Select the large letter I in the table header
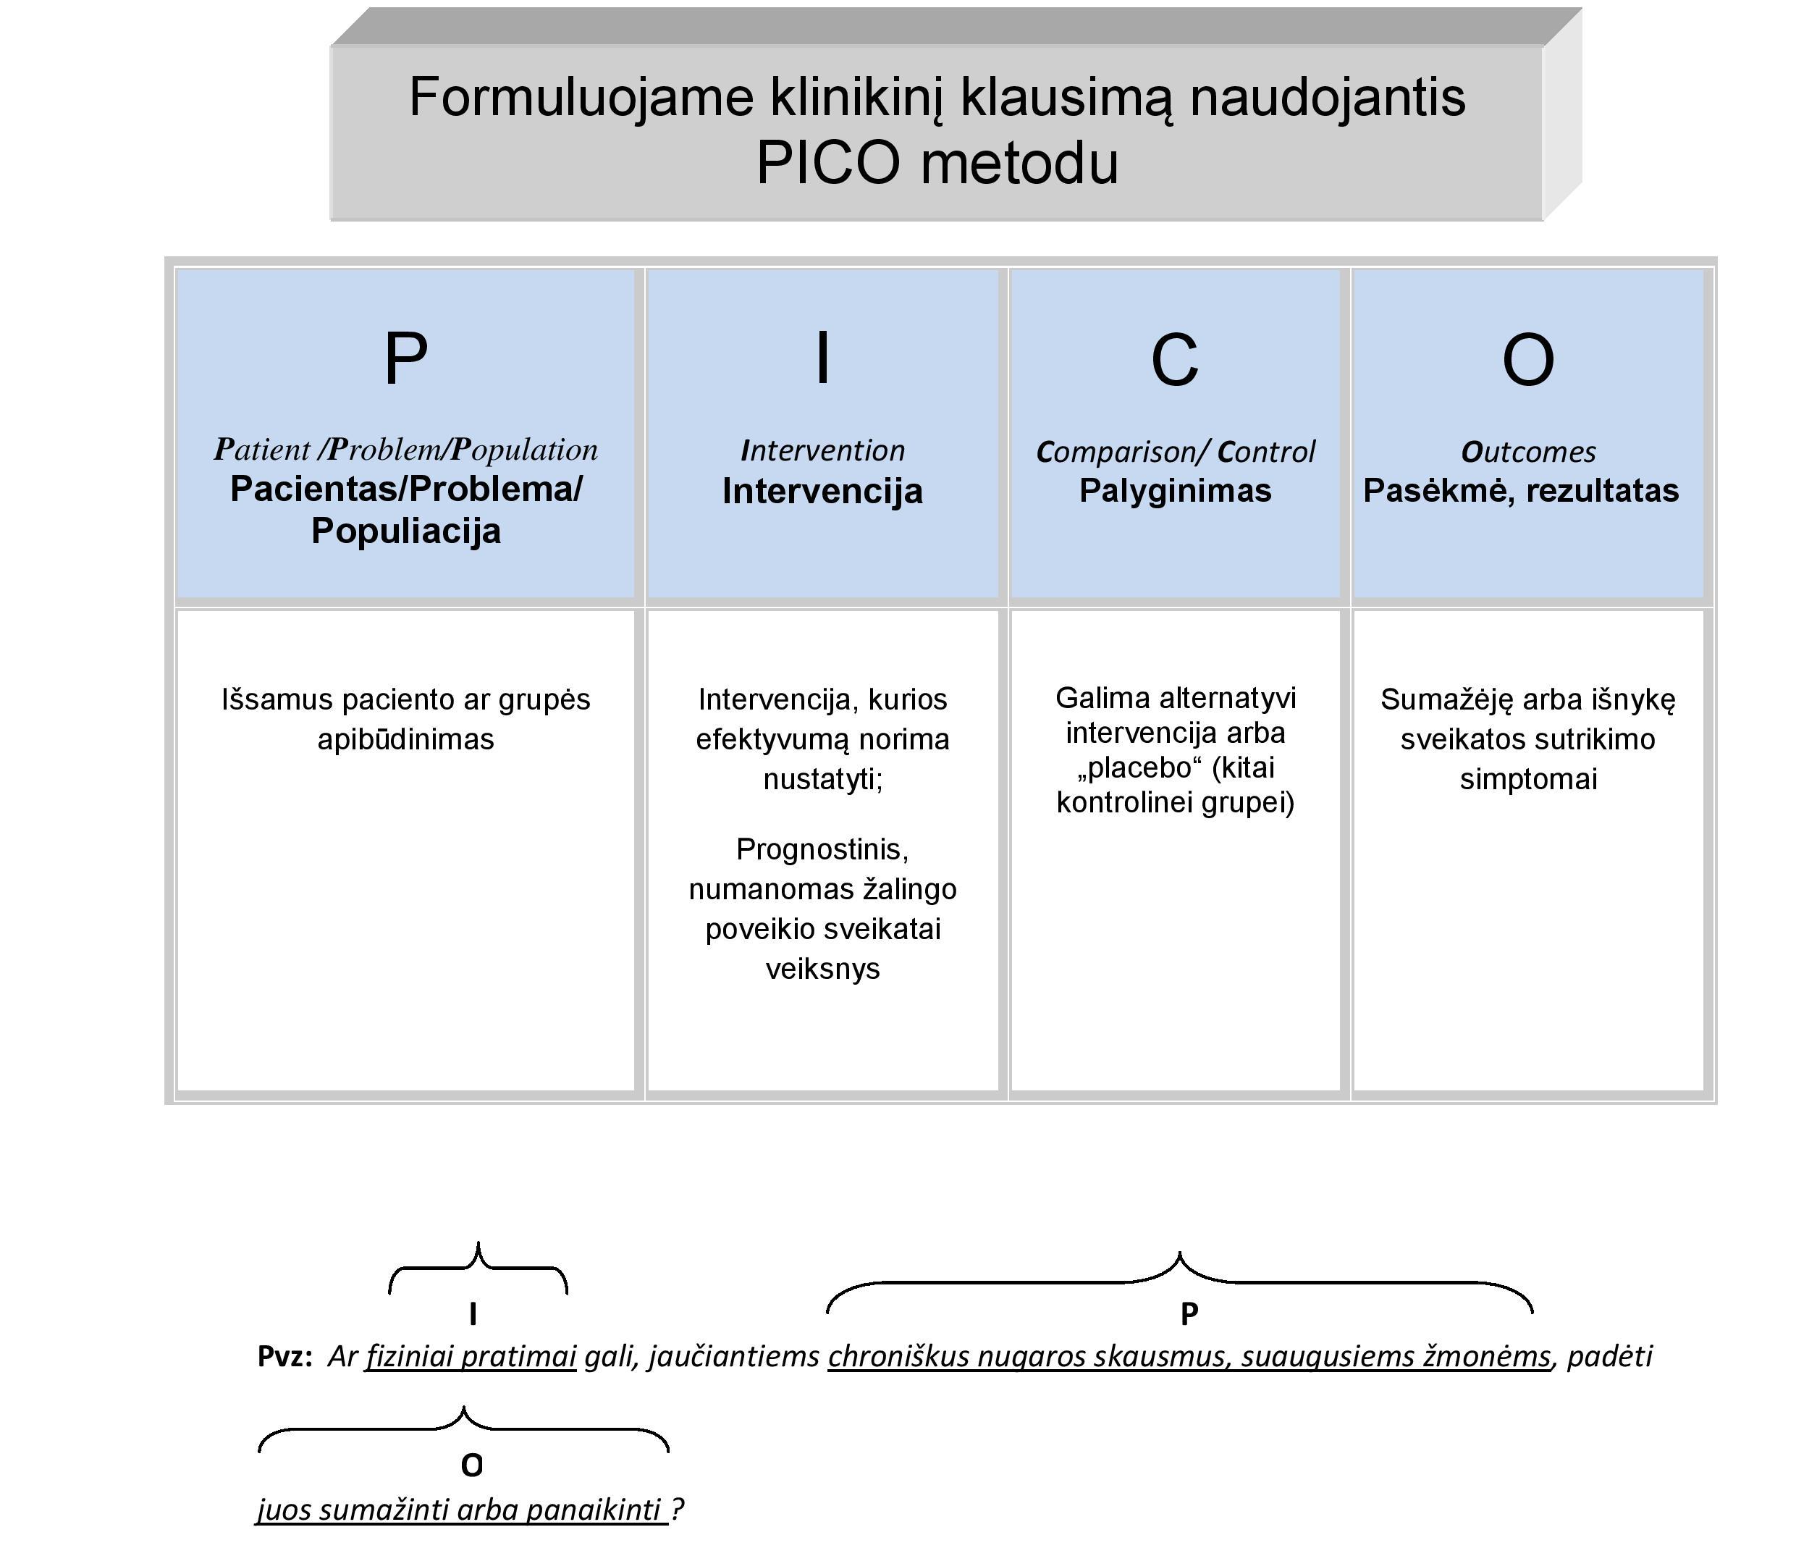pyautogui.click(x=822, y=359)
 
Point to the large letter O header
pyautogui.click(x=1527, y=361)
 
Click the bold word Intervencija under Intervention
pyautogui.click(x=822, y=492)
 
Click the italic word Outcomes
pyautogui.click(x=1527, y=452)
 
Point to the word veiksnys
pyautogui.click(x=822, y=968)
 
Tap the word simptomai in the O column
pyautogui.click(x=1527, y=779)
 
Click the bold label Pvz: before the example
pyautogui.click(x=285, y=1355)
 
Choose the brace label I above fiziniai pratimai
pyautogui.click(x=473, y=1314)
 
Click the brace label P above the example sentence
pyautogui.click(x=1189, y=1314)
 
